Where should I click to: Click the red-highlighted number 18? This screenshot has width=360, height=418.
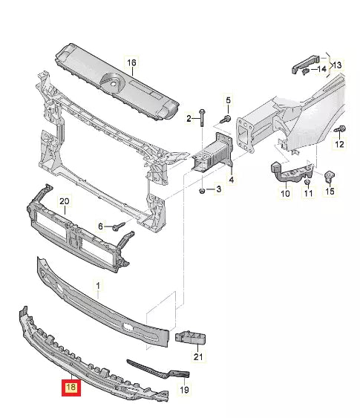coord(71,387)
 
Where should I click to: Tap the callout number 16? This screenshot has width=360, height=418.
coord(131,63)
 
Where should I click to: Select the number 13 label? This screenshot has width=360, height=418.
coord(338,65)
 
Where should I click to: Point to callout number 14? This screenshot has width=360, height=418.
coord(321,69)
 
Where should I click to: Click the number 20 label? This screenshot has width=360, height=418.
coord(64,201)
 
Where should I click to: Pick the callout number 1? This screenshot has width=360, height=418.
coord(95,284)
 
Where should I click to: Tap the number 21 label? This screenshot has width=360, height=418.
coord(197,357)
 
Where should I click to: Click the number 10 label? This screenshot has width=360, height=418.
coord(284,195)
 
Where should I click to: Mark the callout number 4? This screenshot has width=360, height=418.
coord(231,179)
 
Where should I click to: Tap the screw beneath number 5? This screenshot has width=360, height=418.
coord(226,118)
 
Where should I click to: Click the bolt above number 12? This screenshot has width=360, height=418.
coord(340,131)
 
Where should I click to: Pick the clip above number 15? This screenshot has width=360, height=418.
coord(327,176)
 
